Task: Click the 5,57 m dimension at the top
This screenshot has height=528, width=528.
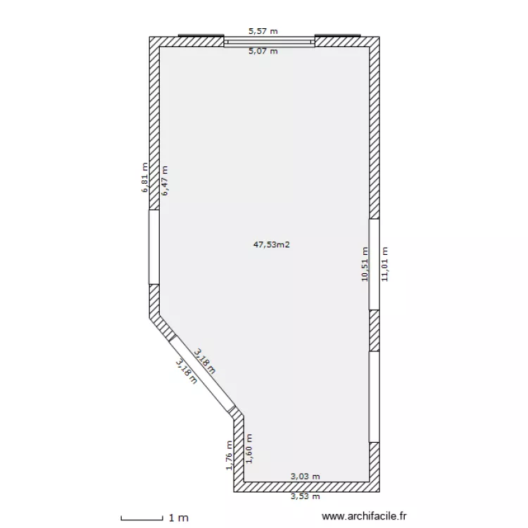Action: coord(263,31)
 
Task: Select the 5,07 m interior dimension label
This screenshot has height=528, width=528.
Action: coord(263,51)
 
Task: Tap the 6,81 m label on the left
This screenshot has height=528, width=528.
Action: coord(145,177)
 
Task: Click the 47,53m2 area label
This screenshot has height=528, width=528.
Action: coord(272,245)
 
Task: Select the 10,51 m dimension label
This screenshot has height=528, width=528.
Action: coord(364,264)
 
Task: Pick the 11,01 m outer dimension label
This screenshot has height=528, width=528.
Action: coord(384,264)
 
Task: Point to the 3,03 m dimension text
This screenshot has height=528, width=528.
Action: coord(306,477)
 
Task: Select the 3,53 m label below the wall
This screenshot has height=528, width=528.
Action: coord(306,496)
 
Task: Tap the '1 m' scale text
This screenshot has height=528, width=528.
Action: coord(178,518)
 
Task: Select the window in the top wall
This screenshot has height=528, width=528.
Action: coord(269,42)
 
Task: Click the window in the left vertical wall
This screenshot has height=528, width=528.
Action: coord(153,247)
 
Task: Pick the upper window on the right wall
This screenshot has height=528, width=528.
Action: coord(375,264)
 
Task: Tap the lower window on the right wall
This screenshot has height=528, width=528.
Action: coord(375,396)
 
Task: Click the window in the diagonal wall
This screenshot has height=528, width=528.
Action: coord(201,374)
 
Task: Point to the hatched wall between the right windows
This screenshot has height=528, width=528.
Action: coord(375,330)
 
